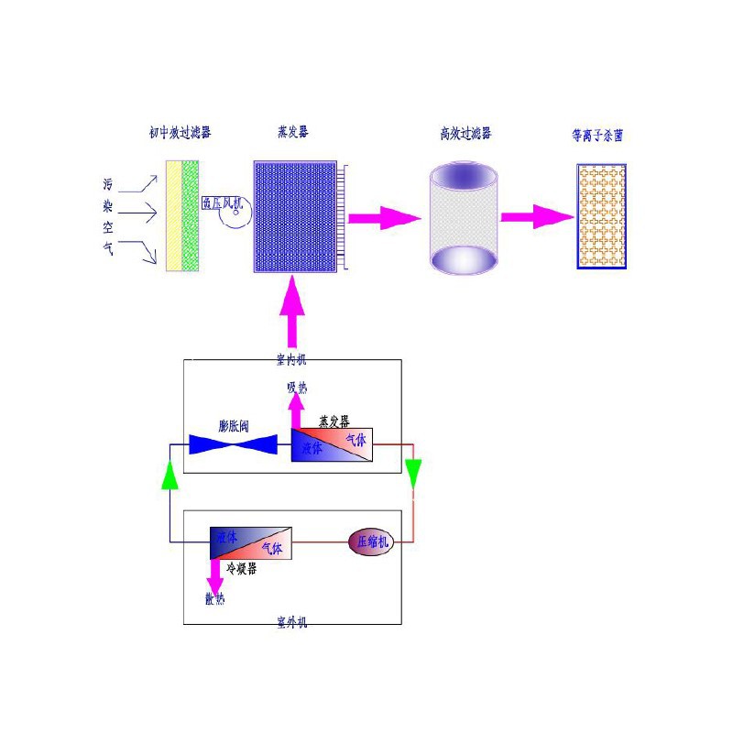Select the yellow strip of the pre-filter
click(174, 216)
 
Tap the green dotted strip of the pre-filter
click(191, 216)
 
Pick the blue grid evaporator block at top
click(295, 216)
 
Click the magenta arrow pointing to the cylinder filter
click(382, 217)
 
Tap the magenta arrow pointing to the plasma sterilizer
click(537, 217)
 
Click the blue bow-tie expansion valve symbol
click(233, 445)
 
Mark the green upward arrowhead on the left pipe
click(170, 475)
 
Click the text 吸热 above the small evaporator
click(296, 388)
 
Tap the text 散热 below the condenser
click(214, 600)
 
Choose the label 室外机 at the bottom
click(292, 623)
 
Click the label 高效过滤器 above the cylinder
click(465, 133)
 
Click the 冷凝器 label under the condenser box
click(241, 568)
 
